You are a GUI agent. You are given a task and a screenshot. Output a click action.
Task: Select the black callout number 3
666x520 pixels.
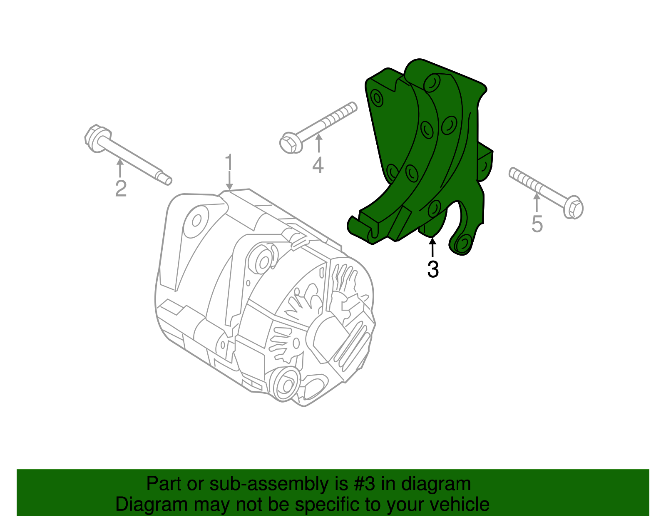433,270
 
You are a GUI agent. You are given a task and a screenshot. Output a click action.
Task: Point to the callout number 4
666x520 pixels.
318,166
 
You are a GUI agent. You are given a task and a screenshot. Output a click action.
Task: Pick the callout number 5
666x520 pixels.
537,224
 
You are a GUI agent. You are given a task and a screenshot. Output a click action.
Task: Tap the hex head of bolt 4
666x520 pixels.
290,143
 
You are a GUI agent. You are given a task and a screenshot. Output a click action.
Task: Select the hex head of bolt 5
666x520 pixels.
573,207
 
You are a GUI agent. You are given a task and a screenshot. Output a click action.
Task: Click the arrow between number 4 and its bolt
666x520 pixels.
318,144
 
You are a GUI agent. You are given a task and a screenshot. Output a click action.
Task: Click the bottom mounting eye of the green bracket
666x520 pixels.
463,243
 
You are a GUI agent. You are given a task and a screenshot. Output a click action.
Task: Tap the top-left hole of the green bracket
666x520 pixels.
377,98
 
